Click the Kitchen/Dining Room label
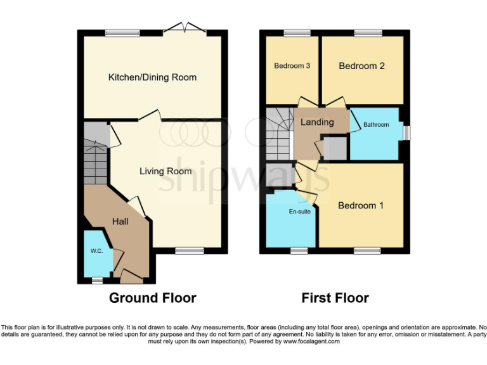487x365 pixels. pos(152,77)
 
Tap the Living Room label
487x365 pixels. pos(166,171)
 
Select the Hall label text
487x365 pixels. pos(120,221)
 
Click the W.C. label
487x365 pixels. pos(96,251)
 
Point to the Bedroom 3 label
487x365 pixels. pos(292,66)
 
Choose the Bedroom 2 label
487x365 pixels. pos(361,66)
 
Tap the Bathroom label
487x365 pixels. pos(376,125)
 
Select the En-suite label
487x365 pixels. pos(300,212)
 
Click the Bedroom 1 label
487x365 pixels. pos(361,205)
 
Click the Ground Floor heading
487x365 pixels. pos(152,298)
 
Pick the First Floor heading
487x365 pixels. pos(335,298)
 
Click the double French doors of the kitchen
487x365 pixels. pos(185,29)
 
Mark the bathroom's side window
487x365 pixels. pos(406,132)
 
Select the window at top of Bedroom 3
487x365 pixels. pos(293,32)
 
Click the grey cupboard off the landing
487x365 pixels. pos(335,148)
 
